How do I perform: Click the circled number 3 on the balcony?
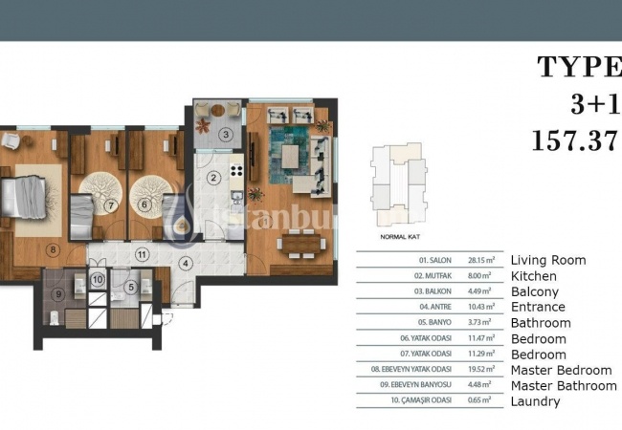coord(225,135)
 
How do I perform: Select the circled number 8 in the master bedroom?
coord(54,251)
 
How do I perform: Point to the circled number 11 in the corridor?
coord(141,254)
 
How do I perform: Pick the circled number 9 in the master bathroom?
coord(58,294)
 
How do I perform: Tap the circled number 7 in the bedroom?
coord(111,204)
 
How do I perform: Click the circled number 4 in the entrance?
coord(187,263)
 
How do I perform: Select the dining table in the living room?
coord(302,244)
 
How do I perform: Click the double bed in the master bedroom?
coord(24,197)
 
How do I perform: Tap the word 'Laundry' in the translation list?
coord(535,401)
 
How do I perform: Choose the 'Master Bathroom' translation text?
coord(564,385)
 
